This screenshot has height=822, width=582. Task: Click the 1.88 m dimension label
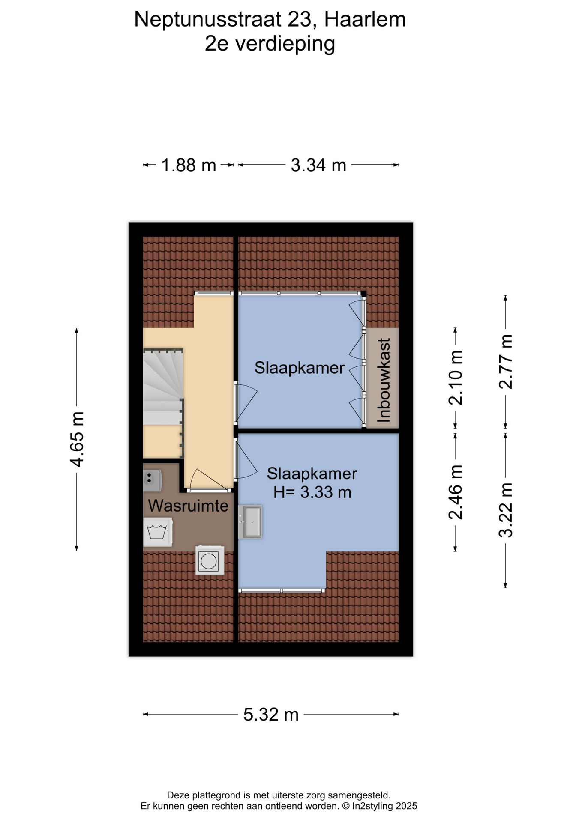pyautogui.click(x=189, y=165)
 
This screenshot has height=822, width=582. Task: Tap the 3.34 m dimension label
pyautogui.click(x=318, y=165)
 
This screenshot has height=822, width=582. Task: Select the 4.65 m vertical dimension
pyautogui.click(x=77, y=439)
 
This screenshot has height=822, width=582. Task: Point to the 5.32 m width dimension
pyautogui.click(x=271, y=715)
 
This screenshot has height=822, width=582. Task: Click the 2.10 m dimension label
pyautogui.click(x=456, y=378)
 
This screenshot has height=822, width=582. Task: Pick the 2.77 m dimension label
pyautogui.click(x=506, y=362)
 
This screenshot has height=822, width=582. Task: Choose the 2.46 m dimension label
pyautogui.click(x=456, y=492)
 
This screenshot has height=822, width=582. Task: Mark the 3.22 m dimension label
pyautogui.click(x=506, y=510)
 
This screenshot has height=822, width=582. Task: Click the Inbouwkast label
pyautogui.click(x=384, y=380)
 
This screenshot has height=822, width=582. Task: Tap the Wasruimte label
pyautogui.click(x=188, y=506)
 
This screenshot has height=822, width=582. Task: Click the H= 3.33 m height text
pyautogui.click(x=312, y=492)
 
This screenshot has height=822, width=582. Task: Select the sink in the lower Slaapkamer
pyautogui.click(x=250, y=521)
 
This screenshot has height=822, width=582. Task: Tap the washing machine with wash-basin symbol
pyautogui.click(x=158, y=532)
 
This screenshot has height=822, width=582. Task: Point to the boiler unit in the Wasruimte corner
pyautogui.click(x=152, y=480)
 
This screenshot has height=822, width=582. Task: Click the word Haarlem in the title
pyautogui.click(x=365, y=19)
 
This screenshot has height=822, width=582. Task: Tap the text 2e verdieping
pyautogui.click(x=270, y=44)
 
